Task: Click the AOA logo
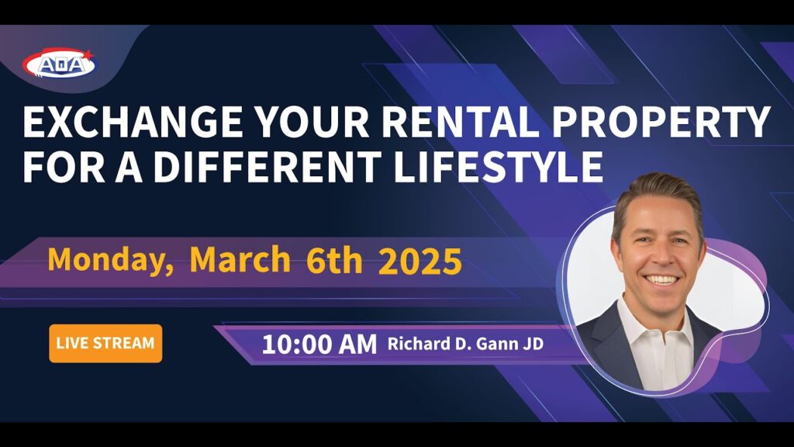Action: pos(58,64)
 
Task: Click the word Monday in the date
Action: pos(110,260)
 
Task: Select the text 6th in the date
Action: pos(334,260)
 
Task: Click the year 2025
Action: pos(419,261)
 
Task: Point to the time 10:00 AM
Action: pos(319,345)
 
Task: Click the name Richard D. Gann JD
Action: pos(465,344)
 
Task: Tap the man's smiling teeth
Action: pos(662,279)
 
